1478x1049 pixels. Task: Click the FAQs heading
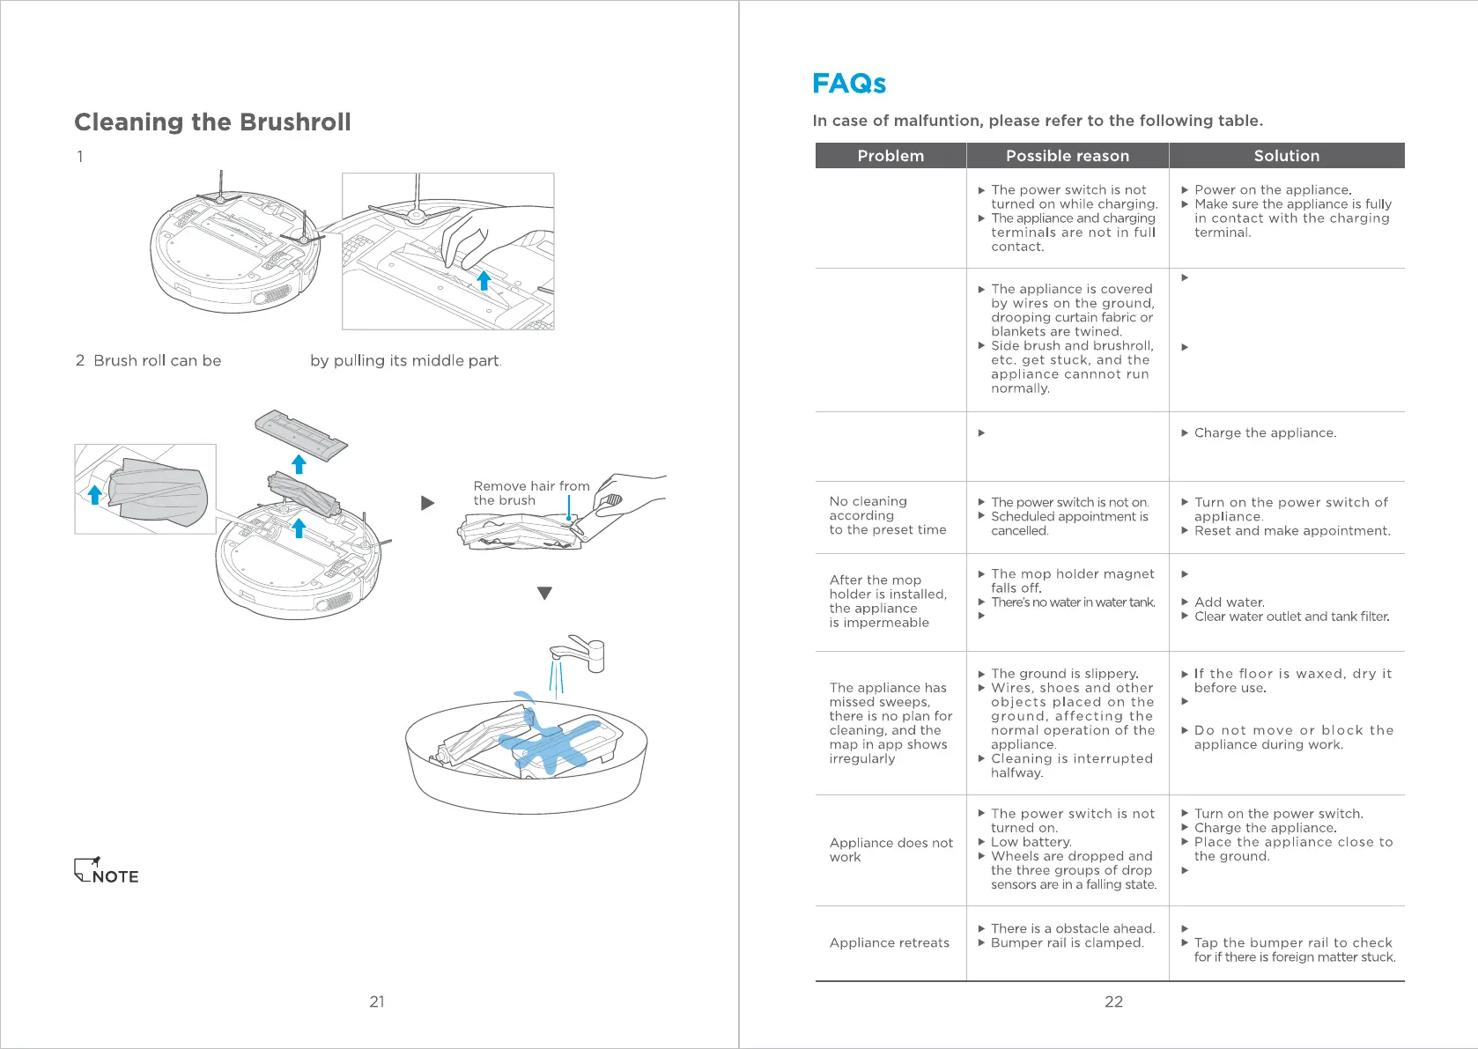coord(848,84)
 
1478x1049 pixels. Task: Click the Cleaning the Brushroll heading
coord(212,122)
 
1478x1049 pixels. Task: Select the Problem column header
coord(890,156)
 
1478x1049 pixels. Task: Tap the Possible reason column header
coord(1067,156)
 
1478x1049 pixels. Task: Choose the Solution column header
coord(1286,156)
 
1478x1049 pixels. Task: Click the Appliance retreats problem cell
coord(889,942)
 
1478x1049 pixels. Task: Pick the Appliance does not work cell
coord(890,849)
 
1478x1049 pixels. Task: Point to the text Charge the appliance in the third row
coord(1265,432)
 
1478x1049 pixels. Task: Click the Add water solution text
coord(1229,602)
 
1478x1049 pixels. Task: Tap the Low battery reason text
coord(1031,842)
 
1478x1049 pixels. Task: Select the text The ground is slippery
coord(1064,674)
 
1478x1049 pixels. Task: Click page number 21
coord(377,1001)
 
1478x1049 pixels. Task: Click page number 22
coord(1113,1001)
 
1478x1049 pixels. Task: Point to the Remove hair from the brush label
coord(531,493)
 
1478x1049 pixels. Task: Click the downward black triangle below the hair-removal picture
coord(544,594)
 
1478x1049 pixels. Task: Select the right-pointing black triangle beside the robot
coord(428,503)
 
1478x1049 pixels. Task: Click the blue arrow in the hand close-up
coord(484,280)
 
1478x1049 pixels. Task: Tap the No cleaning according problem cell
coord(887,515)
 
